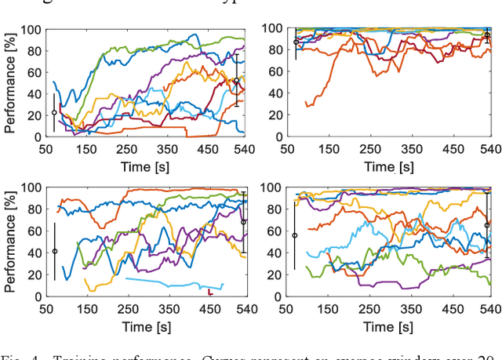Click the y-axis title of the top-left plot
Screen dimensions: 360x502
pos(10,83)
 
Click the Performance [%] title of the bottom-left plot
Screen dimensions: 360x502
pos(10,242)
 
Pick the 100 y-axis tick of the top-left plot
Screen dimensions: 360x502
pos(30,31)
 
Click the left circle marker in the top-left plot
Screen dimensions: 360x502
pos(54,112)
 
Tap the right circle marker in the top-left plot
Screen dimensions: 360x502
pos(236,80)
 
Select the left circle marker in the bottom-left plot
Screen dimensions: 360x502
pos(54,251)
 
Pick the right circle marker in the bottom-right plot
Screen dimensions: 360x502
pos(487,225)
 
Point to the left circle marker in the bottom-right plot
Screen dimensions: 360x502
pos(295,235)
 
